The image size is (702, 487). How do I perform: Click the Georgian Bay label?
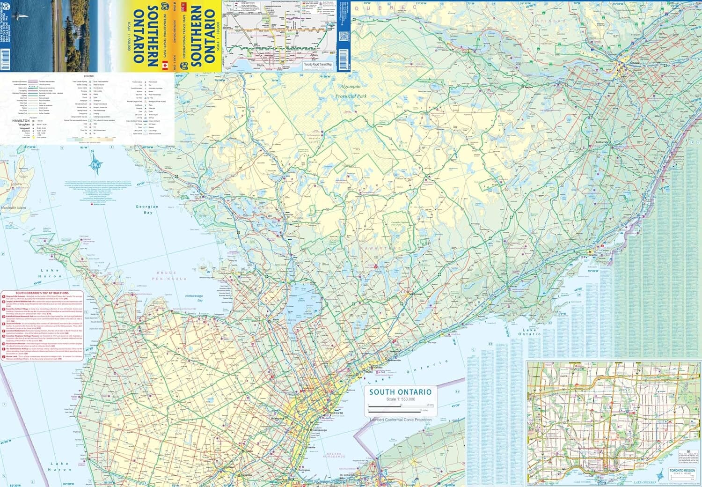147,209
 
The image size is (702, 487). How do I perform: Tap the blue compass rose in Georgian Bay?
97,163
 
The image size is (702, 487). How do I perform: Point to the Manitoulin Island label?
14,207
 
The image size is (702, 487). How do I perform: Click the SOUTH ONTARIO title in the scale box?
400,392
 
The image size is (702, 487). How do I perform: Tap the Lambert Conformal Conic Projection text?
401,420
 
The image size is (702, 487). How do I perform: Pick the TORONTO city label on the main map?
336,413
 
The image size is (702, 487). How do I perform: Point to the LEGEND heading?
88,76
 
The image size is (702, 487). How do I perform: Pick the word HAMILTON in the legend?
21,121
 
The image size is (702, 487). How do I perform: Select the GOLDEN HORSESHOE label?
334,456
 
